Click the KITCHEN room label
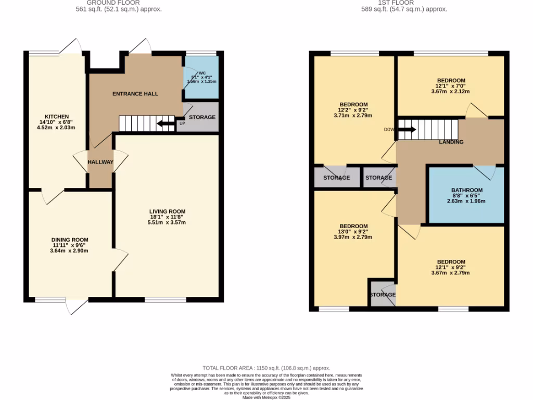57,116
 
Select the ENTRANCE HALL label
135,94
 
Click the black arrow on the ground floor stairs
166,123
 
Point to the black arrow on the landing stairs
408,129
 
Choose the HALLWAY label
100,162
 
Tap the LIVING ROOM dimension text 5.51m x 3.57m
167,222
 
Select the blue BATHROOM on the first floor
466,195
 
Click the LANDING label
451,142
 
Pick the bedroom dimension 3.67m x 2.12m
450,92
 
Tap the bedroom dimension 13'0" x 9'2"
353,231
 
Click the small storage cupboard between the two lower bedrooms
383,295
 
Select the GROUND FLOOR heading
113,3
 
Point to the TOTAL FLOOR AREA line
266,368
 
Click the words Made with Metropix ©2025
266,397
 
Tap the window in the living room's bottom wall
165,299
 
